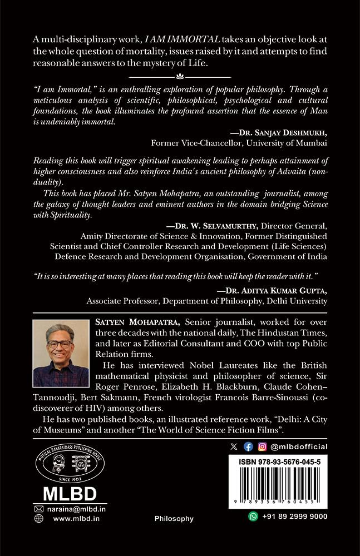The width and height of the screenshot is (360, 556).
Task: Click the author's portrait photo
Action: pyautogui.click(x=61, y=353)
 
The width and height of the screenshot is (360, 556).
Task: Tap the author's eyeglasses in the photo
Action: pyautogui.click(x=59, y=344)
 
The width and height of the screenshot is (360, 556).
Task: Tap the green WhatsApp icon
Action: pyautogui.click(x=253, y=517)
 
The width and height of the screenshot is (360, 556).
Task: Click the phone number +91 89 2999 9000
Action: pyautogui.click(x=294, y=517)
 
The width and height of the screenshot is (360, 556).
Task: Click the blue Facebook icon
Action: pyautogui.click(x=248, y=446)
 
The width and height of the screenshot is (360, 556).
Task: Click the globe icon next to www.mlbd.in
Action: pyautogui.click(x=38, y=518)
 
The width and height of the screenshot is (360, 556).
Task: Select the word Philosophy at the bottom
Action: pyautogui.click(x=174, y=519)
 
